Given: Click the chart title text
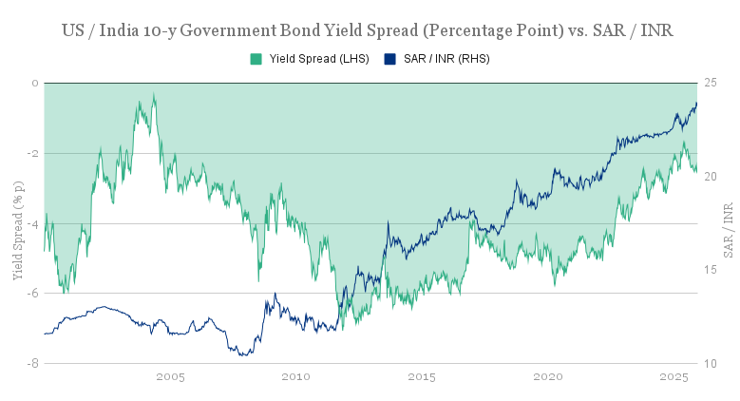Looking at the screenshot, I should click(x=370, y=30).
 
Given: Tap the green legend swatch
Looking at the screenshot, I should click(x=256, y=59).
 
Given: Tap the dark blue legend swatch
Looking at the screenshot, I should click(x=389, y=59).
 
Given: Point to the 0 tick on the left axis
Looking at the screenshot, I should click(x=34, y=84).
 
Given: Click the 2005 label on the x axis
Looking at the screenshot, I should click(x=170, y=377).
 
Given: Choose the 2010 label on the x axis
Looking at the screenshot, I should click(x=296, y=377).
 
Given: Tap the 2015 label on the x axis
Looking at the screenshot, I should click(x=422, y=377).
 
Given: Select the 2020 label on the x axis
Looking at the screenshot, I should click(x=548, y=377).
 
